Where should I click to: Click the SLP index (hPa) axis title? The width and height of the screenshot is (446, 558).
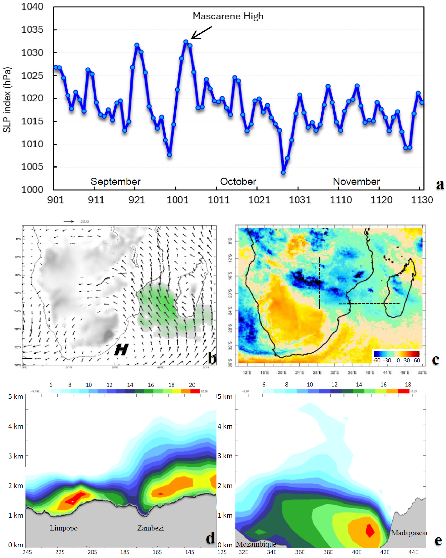point(7,100)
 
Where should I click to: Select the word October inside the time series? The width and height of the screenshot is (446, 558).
point(238,181)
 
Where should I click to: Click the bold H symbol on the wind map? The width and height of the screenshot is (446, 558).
point(121,349)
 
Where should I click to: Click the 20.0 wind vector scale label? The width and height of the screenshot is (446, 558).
point(84,222)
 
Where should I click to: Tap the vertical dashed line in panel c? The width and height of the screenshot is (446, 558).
point(319,283)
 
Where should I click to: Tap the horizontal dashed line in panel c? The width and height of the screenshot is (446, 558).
point(369,304)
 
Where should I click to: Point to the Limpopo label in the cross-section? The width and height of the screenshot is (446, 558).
point(64,528)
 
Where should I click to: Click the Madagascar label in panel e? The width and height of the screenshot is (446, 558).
point(409,533)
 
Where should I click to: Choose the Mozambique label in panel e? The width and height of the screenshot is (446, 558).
point(256,544)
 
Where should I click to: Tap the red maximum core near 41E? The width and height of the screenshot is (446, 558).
point(370,530)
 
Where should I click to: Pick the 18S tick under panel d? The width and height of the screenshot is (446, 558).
point(125,552)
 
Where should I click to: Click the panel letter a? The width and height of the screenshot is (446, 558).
point(440,184)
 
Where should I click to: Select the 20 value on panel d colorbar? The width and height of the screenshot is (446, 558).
point(192,385)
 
